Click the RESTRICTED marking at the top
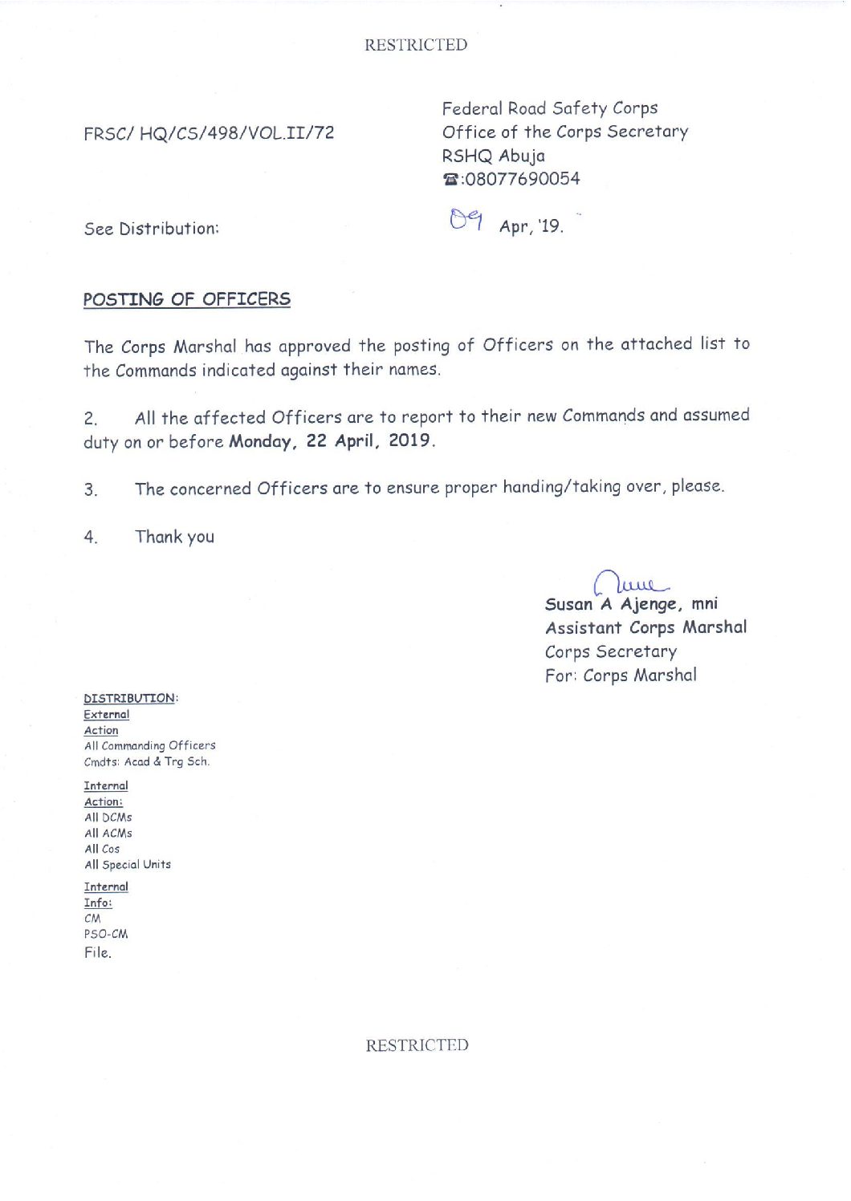pyautogui.click(x=415, y=45)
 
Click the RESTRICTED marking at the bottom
pyautogui.click(x=417, y=1045)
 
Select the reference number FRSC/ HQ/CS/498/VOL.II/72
pyautogui.click(x=209, y=133)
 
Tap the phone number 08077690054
pyautogui.click(x=522, y=179)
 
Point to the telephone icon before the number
pyautogui.click(x=450, y=180)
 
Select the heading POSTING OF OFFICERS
pyautogui.click(x=187, y=299)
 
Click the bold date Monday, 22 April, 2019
pyautogui.click(x=331, y=440)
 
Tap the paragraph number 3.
pyautogui.click(x=91, y=489)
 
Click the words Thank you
pyautogui.click(x=174, y=537)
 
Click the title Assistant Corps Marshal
pyautogui.click(x=645, y=627)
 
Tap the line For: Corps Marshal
pyautogui.click(x=621, y=676)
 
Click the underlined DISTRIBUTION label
pyautogui.click(x=129, y=698)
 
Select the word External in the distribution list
pyautogui.click(x=107, y=714)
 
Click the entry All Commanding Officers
pyautogui.click(x=150, y=745)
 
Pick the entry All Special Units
pyautogui.click(x=128, y=864)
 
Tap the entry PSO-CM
pyautogui.click(x=106, y=934)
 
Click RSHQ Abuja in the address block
pyautogui.click(x=493, y=156)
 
